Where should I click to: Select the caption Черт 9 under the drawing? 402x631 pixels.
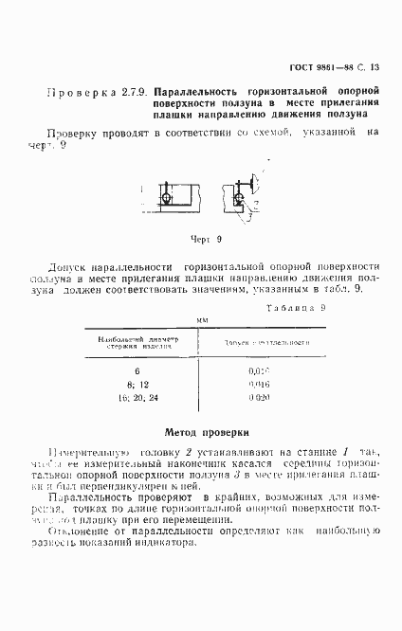(x=206, y=240)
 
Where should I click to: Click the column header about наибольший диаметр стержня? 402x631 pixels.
(x=137, y=342)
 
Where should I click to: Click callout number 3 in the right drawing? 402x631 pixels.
(x=248, y=220)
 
